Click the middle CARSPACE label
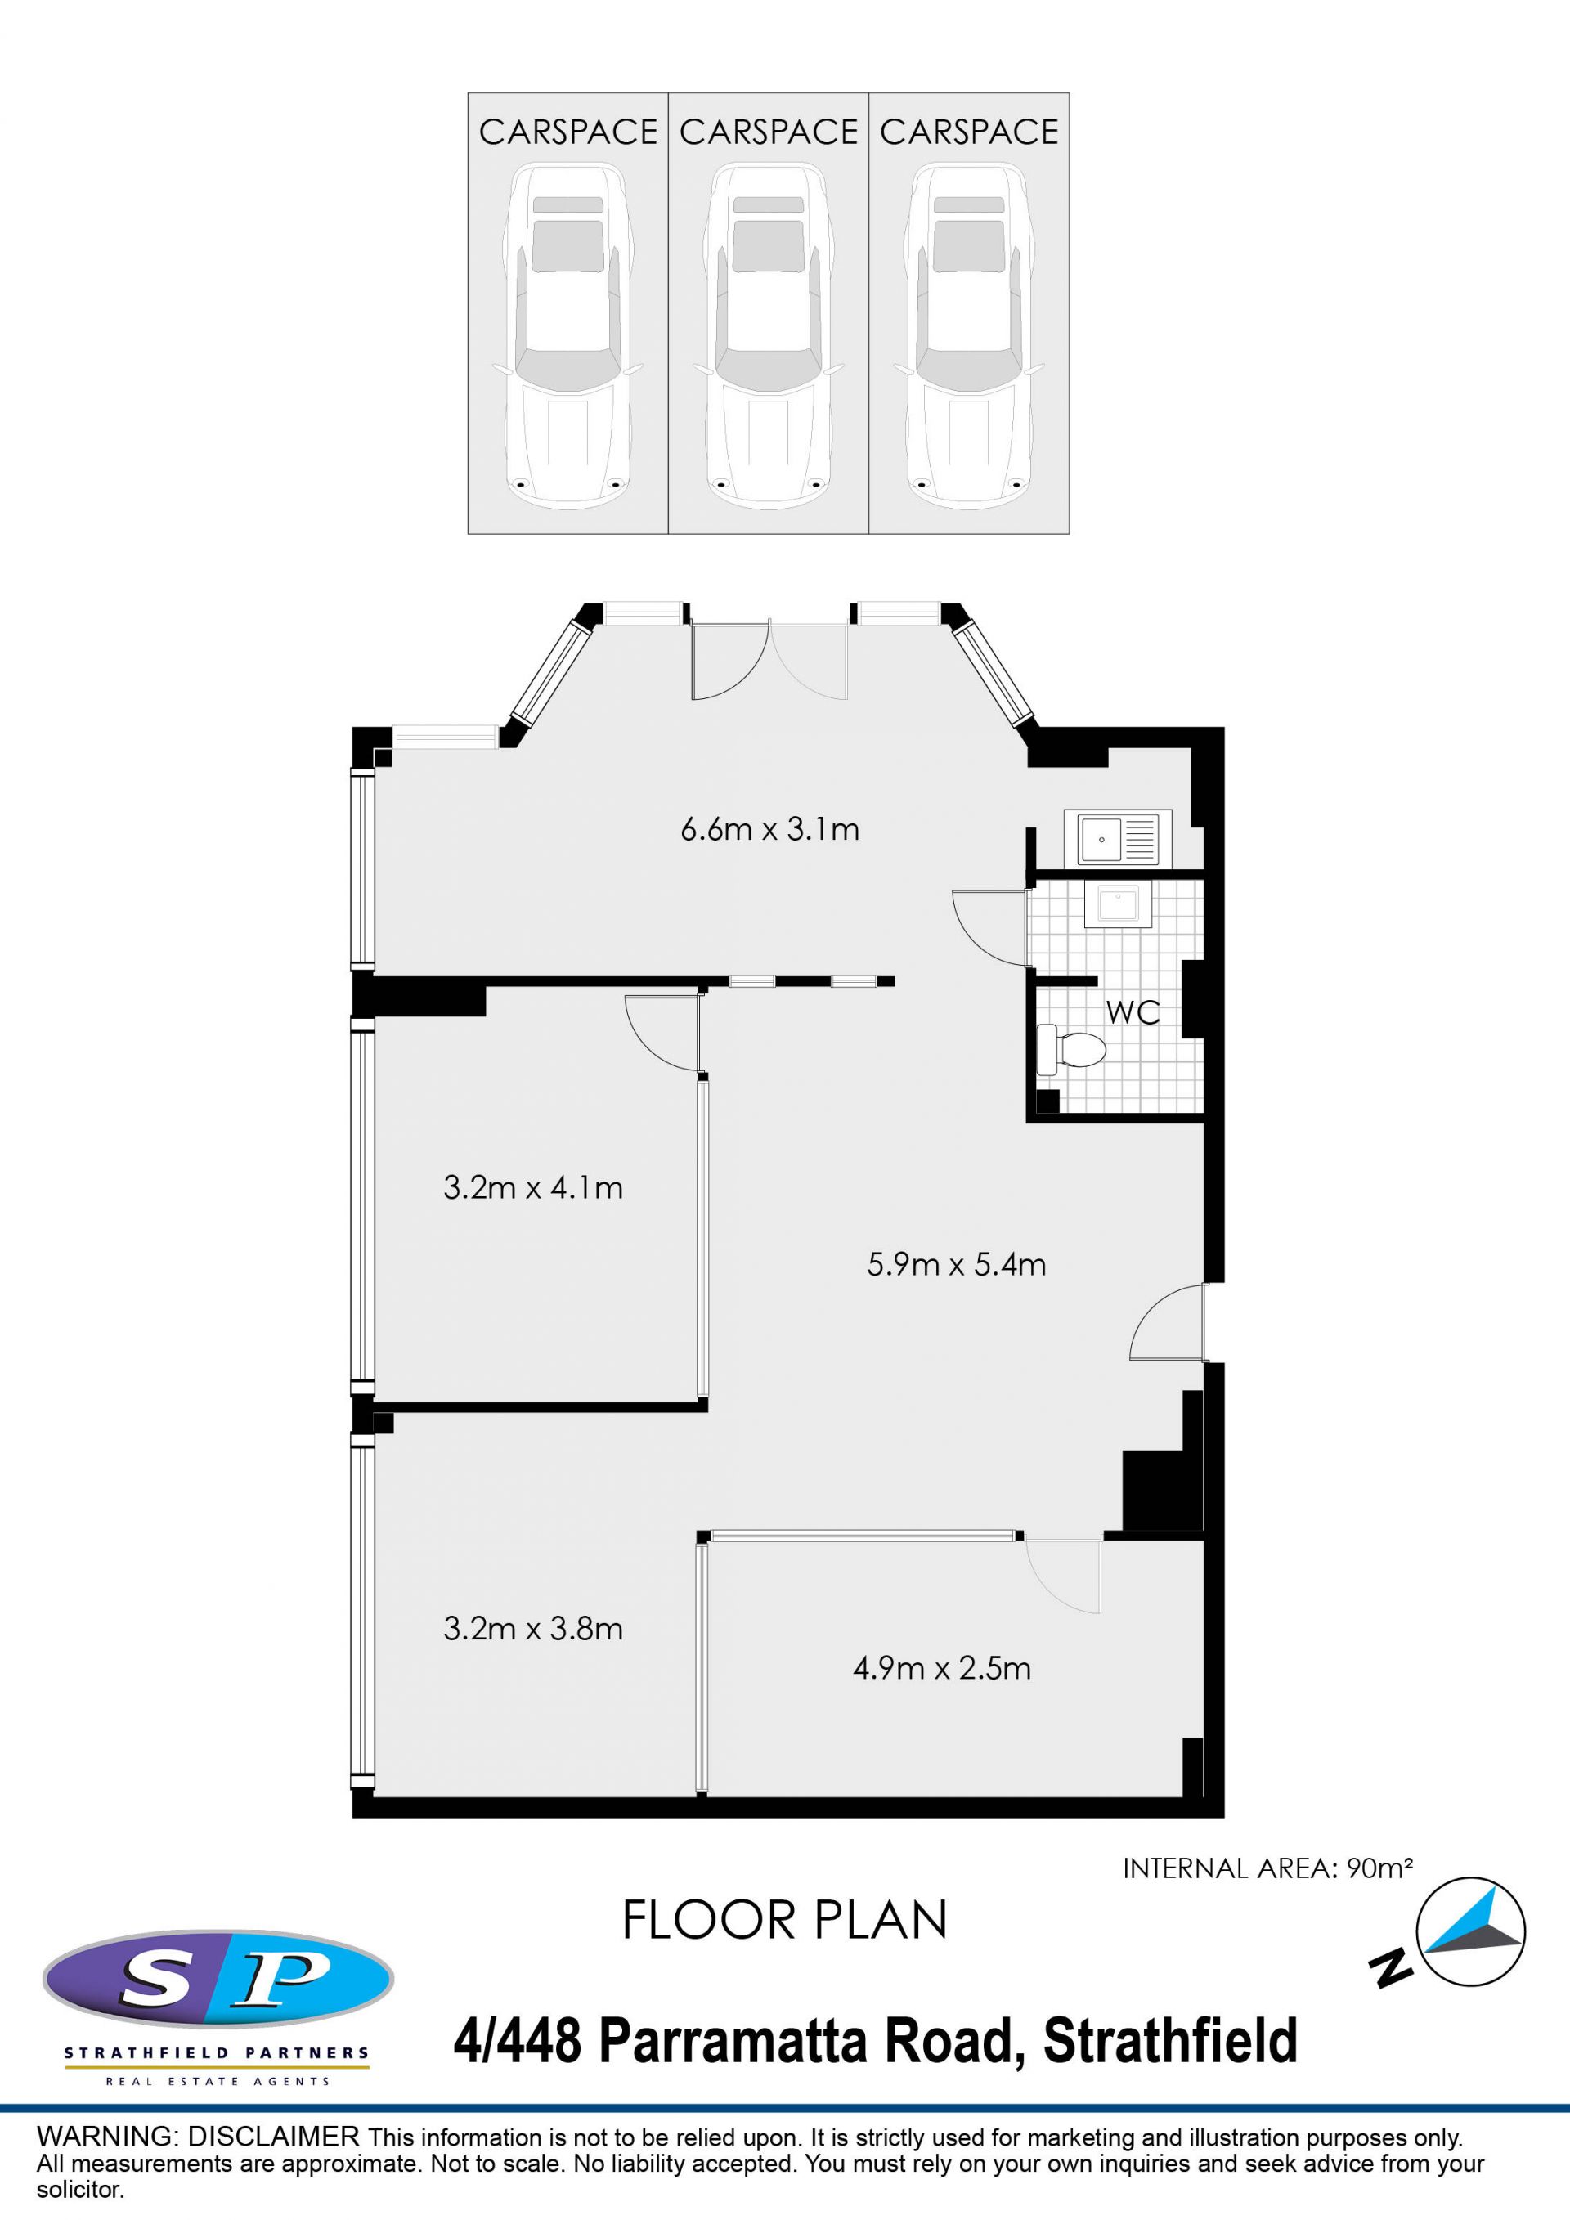(x=769, y=132)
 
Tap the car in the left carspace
(x=567, y=335)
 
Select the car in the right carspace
(x=969, y=335)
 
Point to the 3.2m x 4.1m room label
(x=532, y=1187)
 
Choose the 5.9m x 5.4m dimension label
(x=956, y=1265)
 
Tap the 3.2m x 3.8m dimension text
(x=532, y=1628)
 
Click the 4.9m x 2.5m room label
(x=942, y=1668)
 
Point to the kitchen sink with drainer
(x=1118, y=837)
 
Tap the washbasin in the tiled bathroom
(x=1118, y=904)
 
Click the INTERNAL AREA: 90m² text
(x=1267, y=1868)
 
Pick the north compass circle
(x=1469, y=1932)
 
